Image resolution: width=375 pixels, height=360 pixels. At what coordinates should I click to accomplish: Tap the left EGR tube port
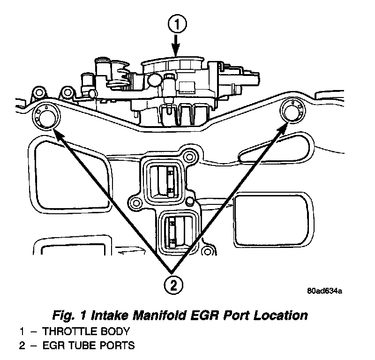coord(45,116)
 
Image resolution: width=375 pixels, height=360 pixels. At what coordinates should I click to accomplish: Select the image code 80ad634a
coord(325,291)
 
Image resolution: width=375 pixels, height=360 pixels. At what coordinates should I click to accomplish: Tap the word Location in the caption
coord(281,315)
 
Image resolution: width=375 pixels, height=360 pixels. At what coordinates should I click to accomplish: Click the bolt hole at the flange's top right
coord(189,156)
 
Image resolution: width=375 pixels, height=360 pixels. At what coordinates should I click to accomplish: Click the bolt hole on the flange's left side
coord(136,203)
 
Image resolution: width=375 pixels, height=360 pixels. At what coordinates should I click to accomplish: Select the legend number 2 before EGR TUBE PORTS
coord(21,346)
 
